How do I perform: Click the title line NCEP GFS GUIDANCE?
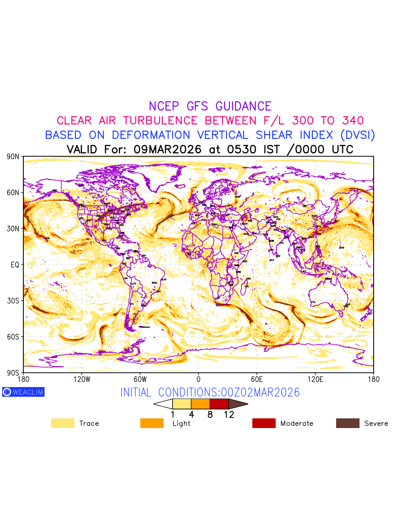pyautogui.click(x=210, y=106)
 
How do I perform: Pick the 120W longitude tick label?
pyautogui.click(x=82, y=379)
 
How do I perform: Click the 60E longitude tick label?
pyautogui.click(x=257, y=379)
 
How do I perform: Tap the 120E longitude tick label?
pyautogui.click(x=315, y=379)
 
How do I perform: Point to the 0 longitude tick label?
pyautogui.click(x=198, y=379)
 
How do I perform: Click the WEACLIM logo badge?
pyautogui.click(x=23, y=392)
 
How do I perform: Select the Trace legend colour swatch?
pyautogui.click(x=62, y=423)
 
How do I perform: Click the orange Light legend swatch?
pyautogui.click(x=152, y=423)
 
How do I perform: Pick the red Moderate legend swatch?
pyautogui.click(x=264, y=423)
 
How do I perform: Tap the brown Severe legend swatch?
pyautogui.click(x=348, y=423)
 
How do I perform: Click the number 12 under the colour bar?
pyautogui.click(x=229, y=415)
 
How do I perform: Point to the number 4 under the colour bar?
pyautogui.click(x=191, y=415)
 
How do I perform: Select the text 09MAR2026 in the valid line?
pyautogui.click(x=168, y=149)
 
